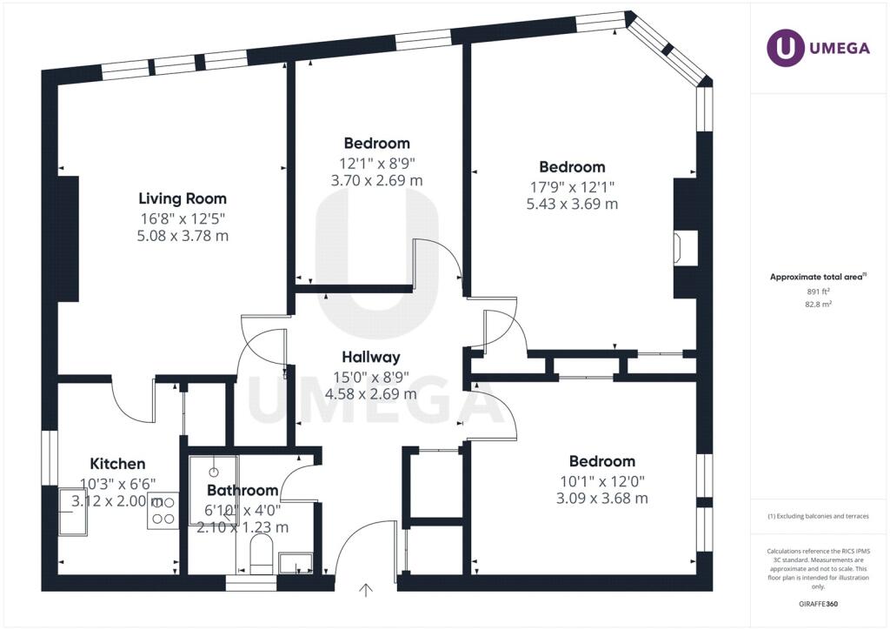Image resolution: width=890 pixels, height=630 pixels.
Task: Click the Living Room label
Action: (183, 198)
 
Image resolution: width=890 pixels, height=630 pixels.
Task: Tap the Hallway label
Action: (370, 358)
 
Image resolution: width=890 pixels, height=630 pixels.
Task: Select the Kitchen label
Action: (117, 464)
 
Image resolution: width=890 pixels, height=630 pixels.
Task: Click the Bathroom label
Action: (242, 490)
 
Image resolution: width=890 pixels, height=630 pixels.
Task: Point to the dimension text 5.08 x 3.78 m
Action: (183, 236)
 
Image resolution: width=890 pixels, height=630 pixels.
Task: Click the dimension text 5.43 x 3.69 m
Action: (572, 204)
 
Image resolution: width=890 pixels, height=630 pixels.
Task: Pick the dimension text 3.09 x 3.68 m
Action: (602, 499)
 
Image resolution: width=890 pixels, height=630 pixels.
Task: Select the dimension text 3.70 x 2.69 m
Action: (377, 181)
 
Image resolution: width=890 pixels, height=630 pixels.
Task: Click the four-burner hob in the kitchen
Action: (163, 512)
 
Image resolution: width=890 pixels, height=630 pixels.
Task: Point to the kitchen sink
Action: (73, 512)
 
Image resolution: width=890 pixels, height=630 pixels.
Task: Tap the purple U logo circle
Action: (785, 47)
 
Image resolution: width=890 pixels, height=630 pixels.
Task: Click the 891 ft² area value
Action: (818, 292)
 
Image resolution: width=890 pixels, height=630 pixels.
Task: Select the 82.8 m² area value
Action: (818, 304)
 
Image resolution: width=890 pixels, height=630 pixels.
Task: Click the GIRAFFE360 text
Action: (818, 604)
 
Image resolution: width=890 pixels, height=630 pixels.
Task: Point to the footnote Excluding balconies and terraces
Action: (818, 516)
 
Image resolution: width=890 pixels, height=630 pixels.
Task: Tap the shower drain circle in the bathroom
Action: (214, 473)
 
